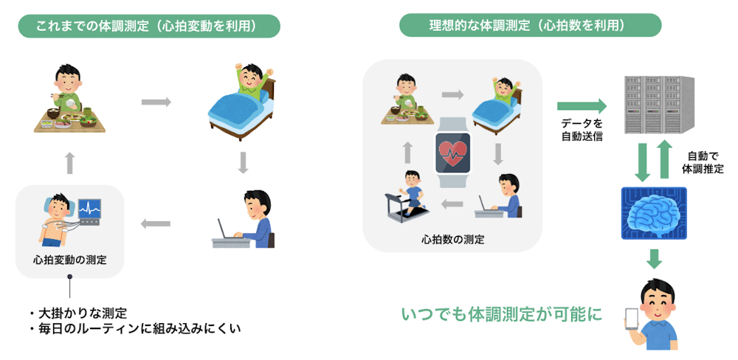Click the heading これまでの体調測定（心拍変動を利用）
click(149, 27)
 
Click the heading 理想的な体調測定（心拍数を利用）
click(531, 25)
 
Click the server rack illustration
click(659, 105)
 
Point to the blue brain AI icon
click(654, 212)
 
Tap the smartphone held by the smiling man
click(631, 320)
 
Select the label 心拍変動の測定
click(69, 259)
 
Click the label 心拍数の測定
click(452, 240)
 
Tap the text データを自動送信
click(582, 131)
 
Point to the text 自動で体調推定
click(703, 162)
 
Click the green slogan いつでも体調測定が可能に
click(502, 314)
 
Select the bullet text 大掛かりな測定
click(81, 313)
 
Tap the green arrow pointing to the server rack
click(582, 105)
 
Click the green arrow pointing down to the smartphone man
click(654, 258)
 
